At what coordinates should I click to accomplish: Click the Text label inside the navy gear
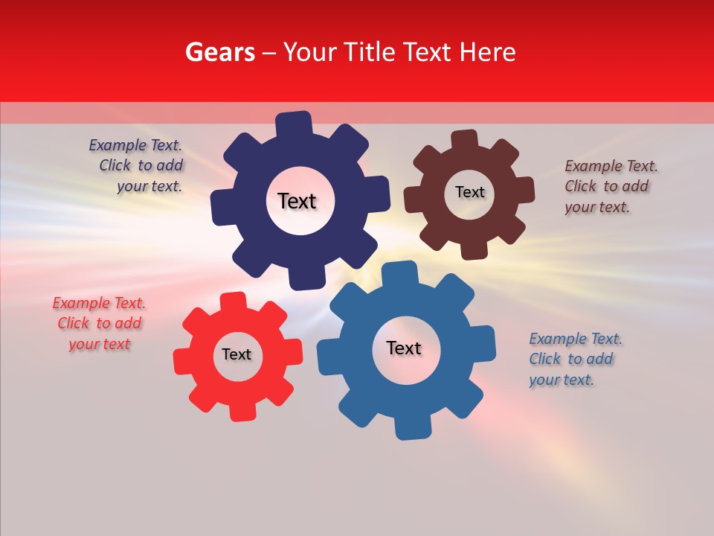(297, 201)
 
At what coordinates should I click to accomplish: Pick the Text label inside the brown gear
(469, 192)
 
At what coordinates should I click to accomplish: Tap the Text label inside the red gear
(237, 354)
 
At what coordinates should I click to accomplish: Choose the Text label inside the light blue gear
(404, 348)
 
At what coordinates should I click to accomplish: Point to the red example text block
(99, 323)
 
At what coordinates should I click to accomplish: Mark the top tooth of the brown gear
(465, 139)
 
